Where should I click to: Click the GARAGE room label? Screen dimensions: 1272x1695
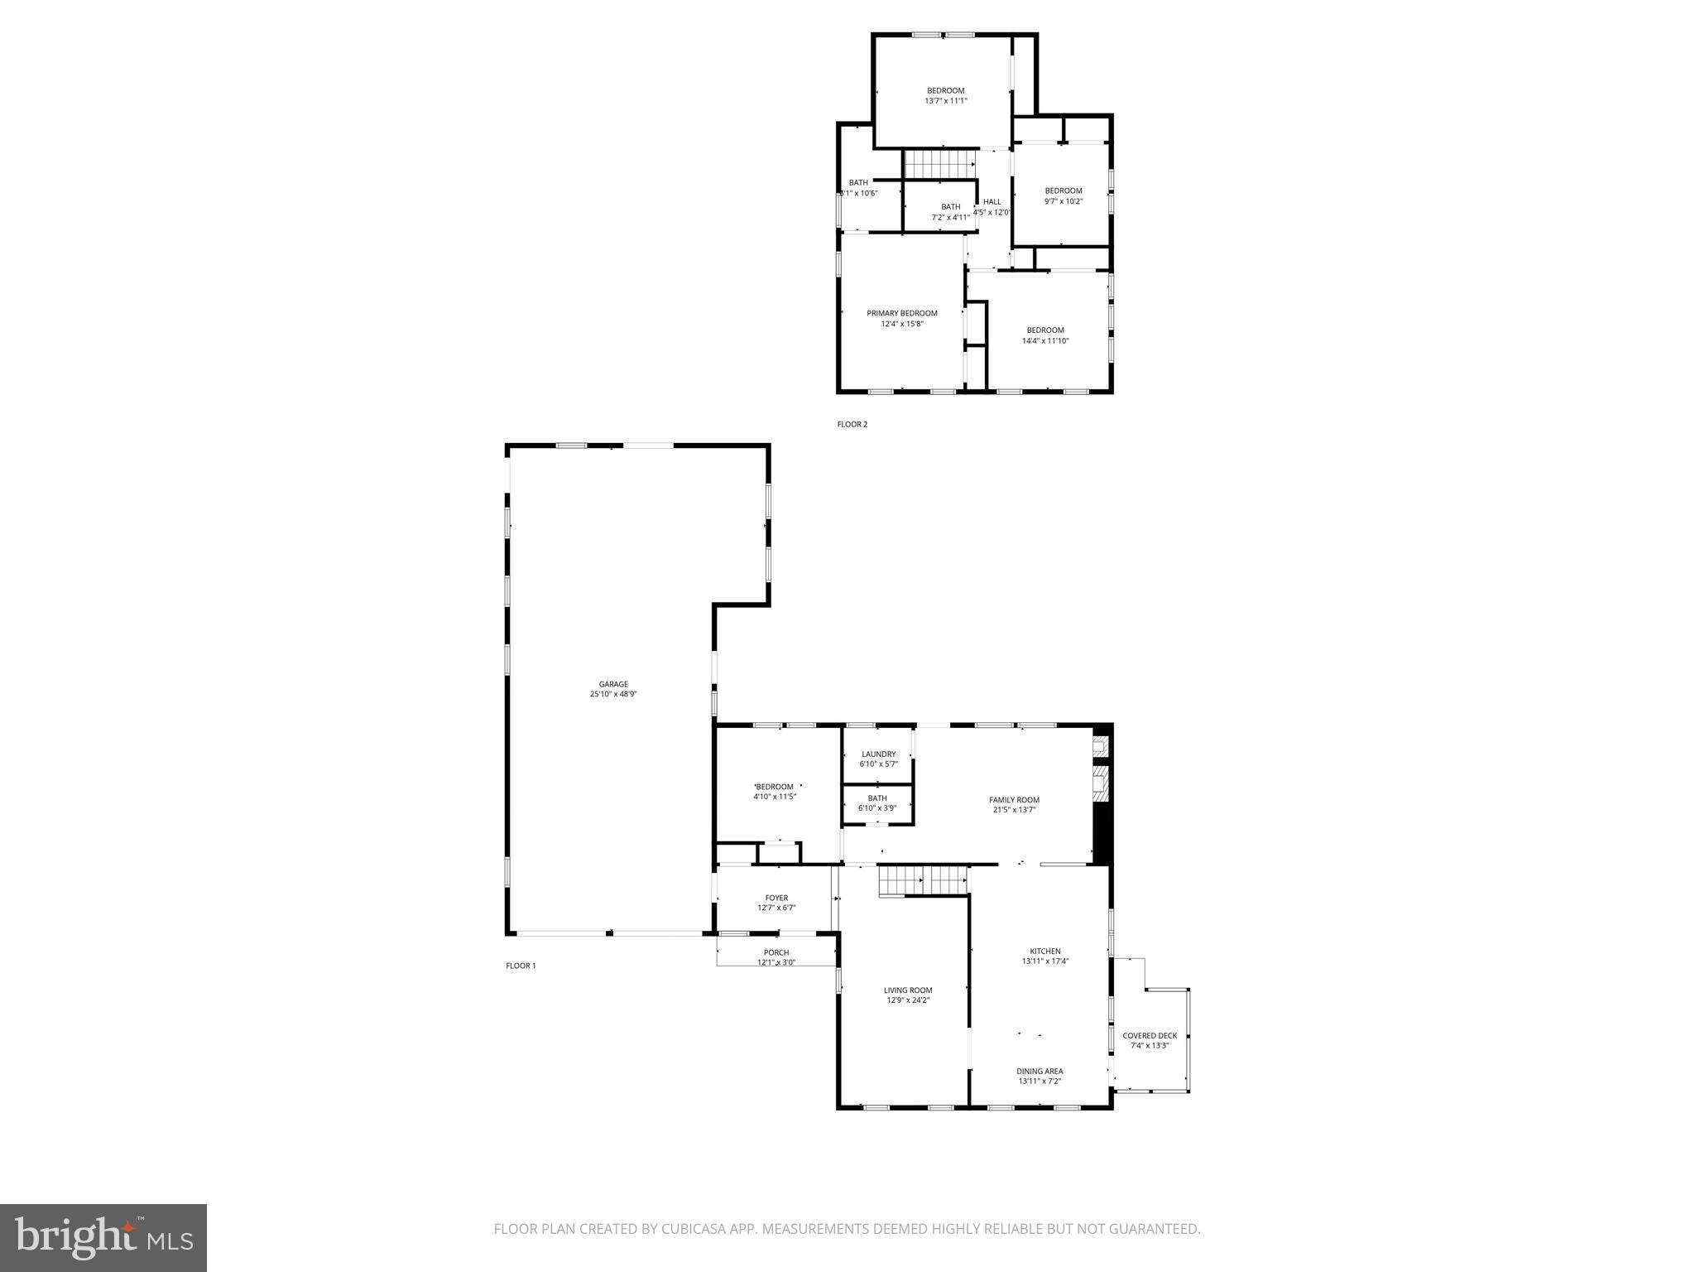[613, 684]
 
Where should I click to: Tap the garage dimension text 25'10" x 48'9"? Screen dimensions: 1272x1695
[613, 695]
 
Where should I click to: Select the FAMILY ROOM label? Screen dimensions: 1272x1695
[1014, 800]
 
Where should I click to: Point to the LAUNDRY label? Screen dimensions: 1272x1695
[878, 754]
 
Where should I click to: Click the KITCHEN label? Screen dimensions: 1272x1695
[1044, 952]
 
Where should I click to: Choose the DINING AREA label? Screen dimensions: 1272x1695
[1040, 1071]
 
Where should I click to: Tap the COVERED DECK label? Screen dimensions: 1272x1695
[1150, 1036]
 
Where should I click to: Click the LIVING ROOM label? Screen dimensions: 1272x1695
[908, 990]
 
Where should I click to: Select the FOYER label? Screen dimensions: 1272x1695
[776, 898]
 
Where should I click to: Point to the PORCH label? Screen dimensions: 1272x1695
[776, 952]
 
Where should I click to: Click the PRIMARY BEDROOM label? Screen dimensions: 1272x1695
[902, 313]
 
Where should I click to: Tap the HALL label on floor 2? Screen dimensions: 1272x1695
[992, 201]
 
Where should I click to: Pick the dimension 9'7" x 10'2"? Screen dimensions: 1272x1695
[1064, 201]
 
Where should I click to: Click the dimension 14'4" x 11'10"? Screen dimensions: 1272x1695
[1045, 340]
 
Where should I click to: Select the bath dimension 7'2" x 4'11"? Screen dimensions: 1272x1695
[951, 218]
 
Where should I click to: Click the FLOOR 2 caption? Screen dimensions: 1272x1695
[852, 424]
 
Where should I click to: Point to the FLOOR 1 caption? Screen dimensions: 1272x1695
[521, 966]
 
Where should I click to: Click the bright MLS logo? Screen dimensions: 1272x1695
[103, 1238]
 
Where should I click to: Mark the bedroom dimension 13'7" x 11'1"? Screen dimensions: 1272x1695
[945, 101]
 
